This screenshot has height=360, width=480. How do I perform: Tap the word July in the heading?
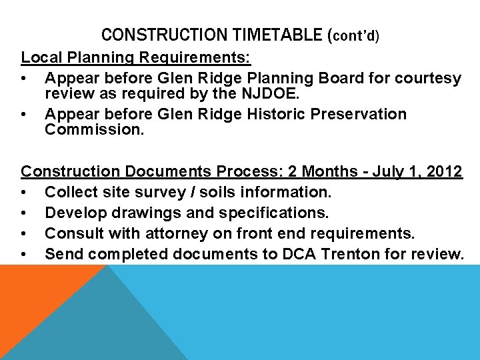[384, 171]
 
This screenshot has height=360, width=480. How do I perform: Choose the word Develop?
[73, 213]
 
